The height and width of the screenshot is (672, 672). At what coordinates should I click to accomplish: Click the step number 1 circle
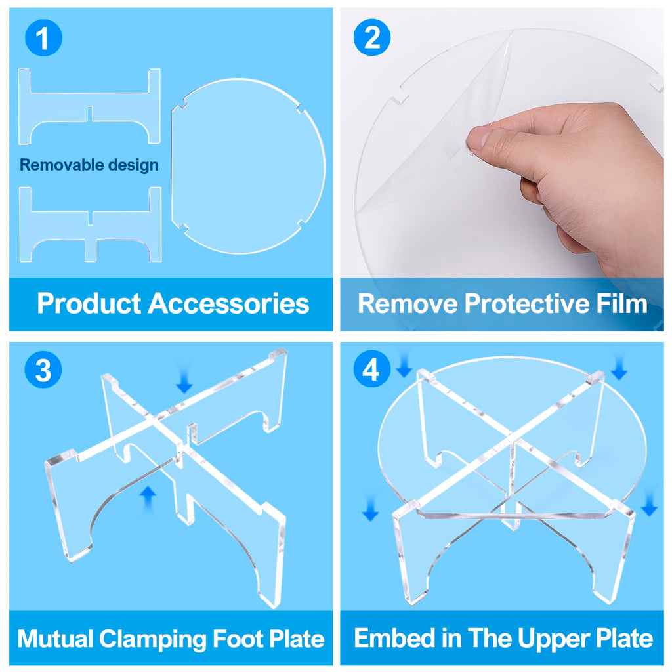pyautogui.click(x=43, y=37)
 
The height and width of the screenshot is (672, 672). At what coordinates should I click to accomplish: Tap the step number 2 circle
pyautogui.click(x=371, y=37)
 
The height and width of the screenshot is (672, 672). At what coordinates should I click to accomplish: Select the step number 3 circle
pyautogui.click(x=43, y=369)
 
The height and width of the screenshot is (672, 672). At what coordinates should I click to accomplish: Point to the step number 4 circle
pyautogui.click(x=371, y=369)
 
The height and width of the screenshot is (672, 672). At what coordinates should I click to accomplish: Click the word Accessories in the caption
pyautogui.click(x=228, y=303)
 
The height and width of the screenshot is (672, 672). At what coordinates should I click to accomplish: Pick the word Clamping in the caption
pyautogui.click(x=154, y=639)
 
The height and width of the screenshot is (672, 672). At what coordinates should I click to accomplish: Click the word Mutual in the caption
pyautogui.click(x=55, y=639)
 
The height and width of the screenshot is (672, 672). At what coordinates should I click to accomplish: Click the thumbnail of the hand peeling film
pyautogui.click(x=502, y=169)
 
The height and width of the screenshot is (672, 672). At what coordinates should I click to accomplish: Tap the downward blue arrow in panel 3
pyautogui.click(x=184, y=382)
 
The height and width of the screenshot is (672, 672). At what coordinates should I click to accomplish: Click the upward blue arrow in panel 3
pyautogui.click(x=148, y=498)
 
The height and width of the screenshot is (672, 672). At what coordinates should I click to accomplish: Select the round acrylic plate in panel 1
pyautogui.click(x=248, y=166)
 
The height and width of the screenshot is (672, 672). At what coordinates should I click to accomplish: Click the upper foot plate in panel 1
pyautogui.click(x=89, y=106)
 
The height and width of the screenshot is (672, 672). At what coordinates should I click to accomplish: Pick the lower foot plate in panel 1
pyautogui.click(x=91, y=224)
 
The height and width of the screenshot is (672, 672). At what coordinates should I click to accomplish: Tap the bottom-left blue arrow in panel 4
pyautogui.click(x=370, y=509)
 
